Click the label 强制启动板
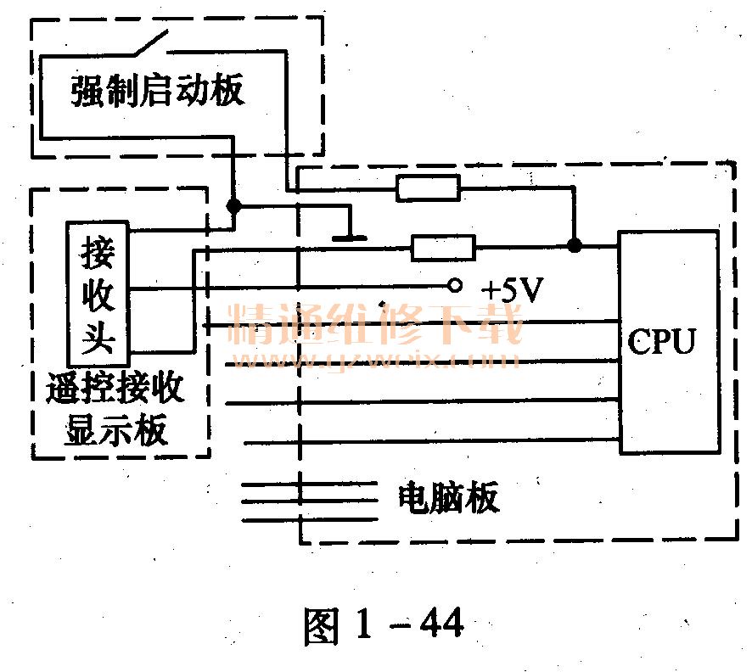tap(158, 91)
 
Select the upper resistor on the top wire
tap(429, 188)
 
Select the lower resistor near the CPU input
tap(443, 247)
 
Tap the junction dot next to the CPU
tap(574, 246)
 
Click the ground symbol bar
tap(349, 238)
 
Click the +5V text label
tap(512, 290)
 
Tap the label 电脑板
tap(448, 498)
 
